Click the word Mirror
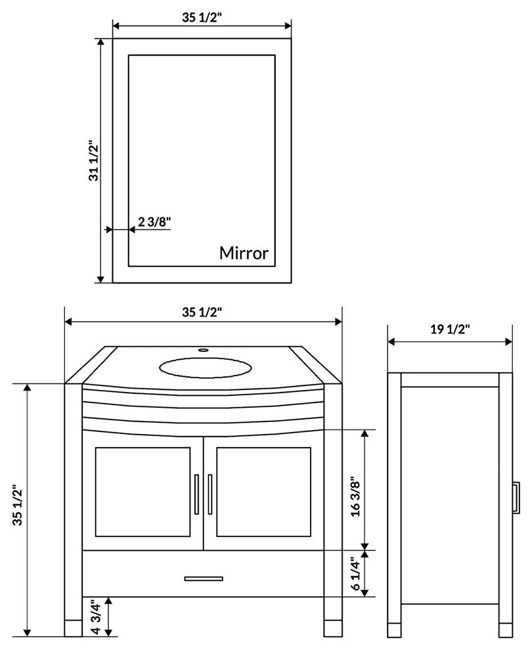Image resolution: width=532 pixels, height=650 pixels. tap(244, 253)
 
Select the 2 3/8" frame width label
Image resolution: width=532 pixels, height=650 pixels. tap(154, 222)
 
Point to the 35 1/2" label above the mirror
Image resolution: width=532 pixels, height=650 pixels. tap(202, 18)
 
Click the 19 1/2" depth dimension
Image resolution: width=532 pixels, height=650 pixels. tap(450, 330)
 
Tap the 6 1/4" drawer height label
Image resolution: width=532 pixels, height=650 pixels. tap(355, 573)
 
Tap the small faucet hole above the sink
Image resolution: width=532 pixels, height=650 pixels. tap(203, 351)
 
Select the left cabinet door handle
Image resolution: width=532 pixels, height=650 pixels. tap(196, 494)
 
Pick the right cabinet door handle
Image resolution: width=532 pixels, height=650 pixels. tap(210, 494)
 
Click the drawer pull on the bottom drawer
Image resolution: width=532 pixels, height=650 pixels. tap(203, 578)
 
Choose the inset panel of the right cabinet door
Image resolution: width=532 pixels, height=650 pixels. tap(263, 492)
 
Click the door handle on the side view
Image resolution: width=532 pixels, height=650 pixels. tap(516, 497)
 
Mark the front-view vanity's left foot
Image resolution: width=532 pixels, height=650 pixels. tap(73, 629)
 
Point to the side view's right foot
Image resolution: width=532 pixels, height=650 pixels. tap(505, 630)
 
